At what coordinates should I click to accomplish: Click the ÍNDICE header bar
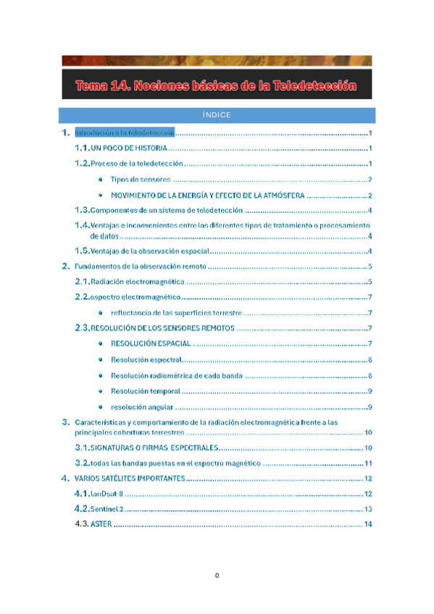(217, 115)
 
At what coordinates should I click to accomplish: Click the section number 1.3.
(82, 210)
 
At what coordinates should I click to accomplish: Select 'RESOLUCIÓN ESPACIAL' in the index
(151, 343)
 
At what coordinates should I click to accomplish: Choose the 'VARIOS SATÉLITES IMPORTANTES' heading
(130, 479)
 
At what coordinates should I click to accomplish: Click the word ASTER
(101, 524)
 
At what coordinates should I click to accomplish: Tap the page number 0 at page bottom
(217, 576)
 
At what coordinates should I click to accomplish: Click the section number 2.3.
(82, 328)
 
